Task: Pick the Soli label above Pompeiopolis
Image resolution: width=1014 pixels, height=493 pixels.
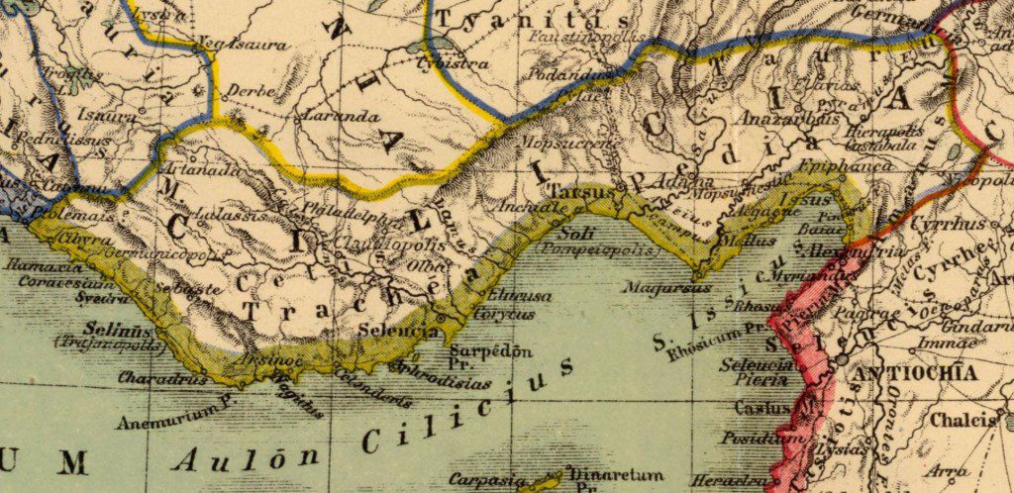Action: click(x=574, y=234)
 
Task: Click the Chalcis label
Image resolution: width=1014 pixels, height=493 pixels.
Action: click(x=962, y=420)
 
